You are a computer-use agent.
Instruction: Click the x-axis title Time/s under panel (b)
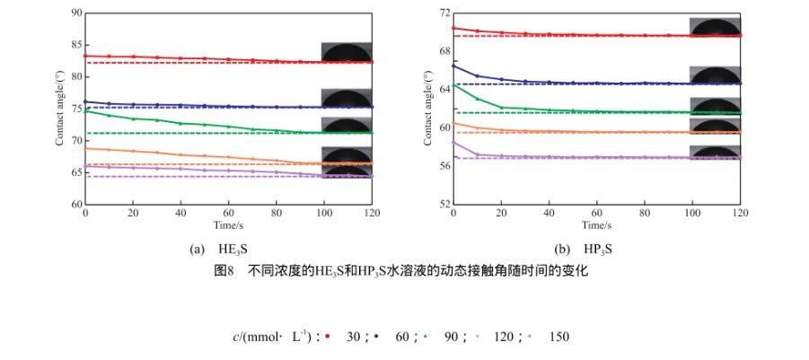tap(596, 224)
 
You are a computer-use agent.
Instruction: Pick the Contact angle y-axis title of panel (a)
tap(60, 109)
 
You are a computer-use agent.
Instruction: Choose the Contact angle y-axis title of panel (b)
tap(428, 109)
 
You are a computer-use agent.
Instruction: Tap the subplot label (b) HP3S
tap(590, 249)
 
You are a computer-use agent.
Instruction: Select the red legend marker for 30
tap(329, 337)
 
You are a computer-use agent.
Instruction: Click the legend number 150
tap(558, 337)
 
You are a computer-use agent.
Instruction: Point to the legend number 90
tap(451, 337)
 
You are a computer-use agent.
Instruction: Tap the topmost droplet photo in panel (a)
tap(347, 52)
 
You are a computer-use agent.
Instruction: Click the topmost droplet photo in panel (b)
tap(715, 26)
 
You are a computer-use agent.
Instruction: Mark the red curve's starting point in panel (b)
tap(453, 28)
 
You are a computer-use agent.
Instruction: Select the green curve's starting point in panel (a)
tap(85, 111)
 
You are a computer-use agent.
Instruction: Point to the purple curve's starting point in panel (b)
tap(453, 142)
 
